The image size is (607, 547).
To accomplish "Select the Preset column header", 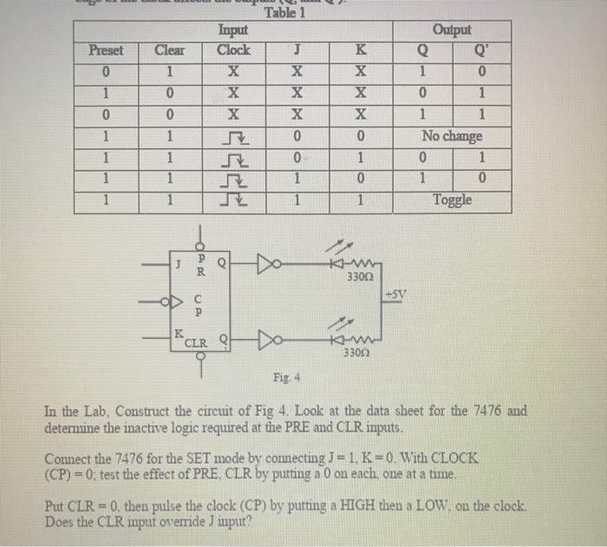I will click(x=107, y=50).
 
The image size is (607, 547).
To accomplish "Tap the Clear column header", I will click(x=170, y=50).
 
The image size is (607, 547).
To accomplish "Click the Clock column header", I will click(x=233, y=50).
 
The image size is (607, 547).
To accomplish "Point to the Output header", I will click(x=451, y=30).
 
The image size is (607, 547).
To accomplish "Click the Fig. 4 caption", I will click(x=284, y=377).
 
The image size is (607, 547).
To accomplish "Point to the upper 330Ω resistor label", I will click(x=357, y=277).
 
